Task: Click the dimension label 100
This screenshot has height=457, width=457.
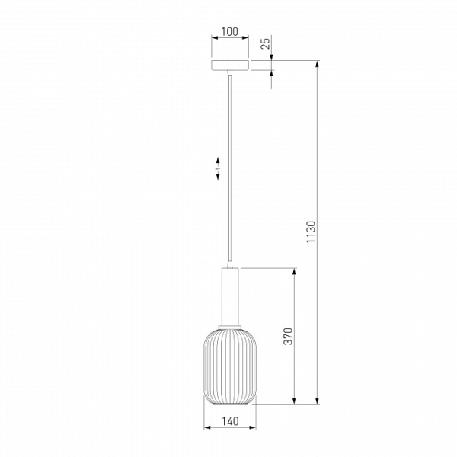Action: tap(230, 31)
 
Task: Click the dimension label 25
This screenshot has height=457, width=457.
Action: tap(266, 43)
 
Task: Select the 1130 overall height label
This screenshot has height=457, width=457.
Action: tap(312, 232)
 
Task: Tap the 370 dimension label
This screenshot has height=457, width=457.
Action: tap(288, 336)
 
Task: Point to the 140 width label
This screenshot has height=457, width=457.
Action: tap(230, 421)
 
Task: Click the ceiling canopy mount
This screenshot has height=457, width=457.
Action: tap(230, 66)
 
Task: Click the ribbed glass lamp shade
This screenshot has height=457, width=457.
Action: tap(230, 366)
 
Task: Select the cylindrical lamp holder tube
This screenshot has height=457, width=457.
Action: tap(230, 296)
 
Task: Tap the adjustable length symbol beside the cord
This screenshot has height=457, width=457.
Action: tap(218, 168)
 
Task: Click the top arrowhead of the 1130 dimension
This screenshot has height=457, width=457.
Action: tap(318, 64)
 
